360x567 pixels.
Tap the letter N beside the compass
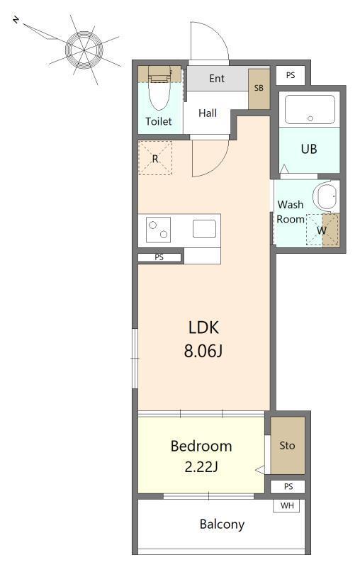click(16, 20)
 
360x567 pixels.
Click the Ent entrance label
click(217, 79)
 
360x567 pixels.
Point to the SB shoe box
click(259, 89)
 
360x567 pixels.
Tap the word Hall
click(208, 113)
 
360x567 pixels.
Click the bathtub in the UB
click(310, 110)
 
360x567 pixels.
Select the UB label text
click(309, 149)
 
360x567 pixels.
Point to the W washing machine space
click(322, 230)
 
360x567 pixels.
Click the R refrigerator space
click(155, 158)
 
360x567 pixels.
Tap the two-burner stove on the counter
click(158, 230)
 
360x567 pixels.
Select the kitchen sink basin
click(204, 229)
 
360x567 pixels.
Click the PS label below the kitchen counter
click(159, 257)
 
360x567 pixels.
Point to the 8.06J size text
click(203, 351)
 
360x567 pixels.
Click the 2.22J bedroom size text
click(201, 467)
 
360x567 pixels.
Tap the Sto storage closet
click(288, 446)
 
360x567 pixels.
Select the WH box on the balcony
click(286, 505)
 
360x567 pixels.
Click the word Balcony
click(222, 524)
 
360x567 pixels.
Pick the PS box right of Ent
click(291, 75)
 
